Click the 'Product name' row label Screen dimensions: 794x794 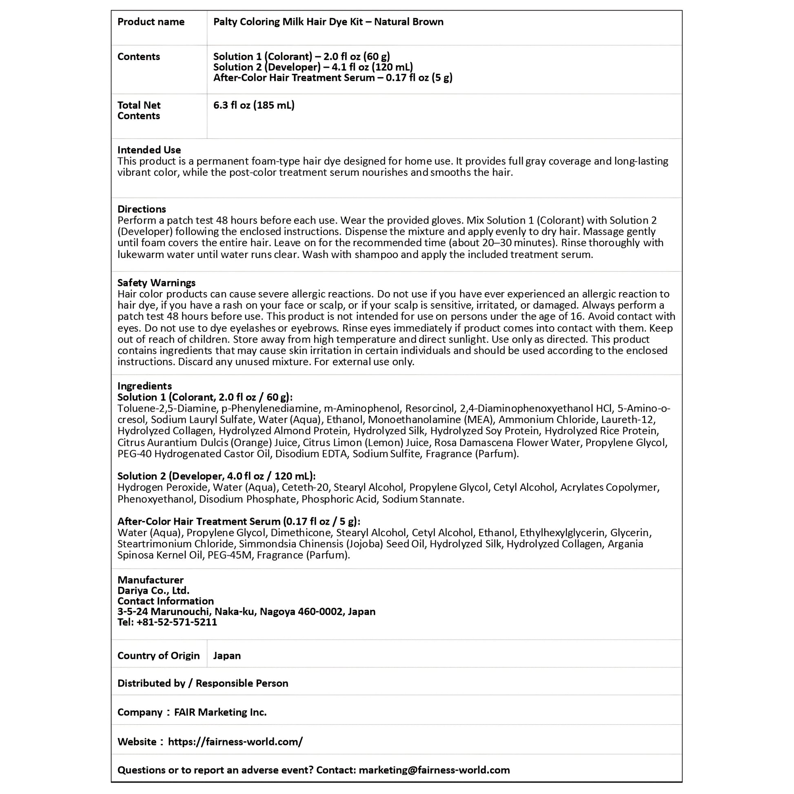coord(151,22)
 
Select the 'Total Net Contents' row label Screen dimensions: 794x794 coord(139,111)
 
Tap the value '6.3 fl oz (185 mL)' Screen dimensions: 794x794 coord(253,106)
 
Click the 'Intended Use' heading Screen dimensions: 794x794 coord(149,150)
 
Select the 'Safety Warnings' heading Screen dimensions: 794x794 coord(156,283)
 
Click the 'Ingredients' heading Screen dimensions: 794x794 coord(144,386)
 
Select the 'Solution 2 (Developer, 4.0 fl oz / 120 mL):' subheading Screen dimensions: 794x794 coord(216,476)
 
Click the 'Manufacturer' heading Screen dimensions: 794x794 coord(151,580)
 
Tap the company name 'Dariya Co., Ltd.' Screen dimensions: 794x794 coord(153,590)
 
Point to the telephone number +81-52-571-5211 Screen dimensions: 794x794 coord(177,622)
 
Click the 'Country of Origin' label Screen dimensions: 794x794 coord(158,656)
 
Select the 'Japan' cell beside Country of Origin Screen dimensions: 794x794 coord(227,656)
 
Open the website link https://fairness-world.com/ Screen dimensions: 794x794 coord(235,741)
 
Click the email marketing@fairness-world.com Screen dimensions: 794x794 coord(434,770)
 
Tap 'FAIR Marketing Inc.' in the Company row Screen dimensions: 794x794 coord(220,712)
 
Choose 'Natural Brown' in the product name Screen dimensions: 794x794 coord(408,22)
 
